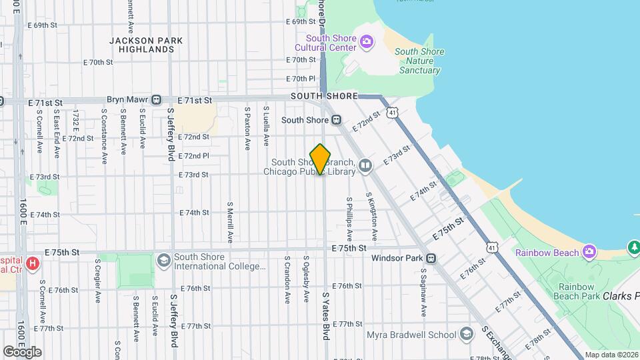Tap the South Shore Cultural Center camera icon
click(366, 43)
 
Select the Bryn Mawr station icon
click(156, 100)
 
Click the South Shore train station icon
click(337, 120)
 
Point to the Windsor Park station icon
click(431, 258)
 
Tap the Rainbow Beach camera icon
click(589, 252)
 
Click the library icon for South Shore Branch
click(365, 165)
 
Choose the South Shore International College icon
click(163, 258)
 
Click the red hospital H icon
click(31, 265)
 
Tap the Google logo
click(22, 351)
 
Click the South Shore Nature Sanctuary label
click(419, 61)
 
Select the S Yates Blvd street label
click(327, 315)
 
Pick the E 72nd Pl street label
click(194, 155)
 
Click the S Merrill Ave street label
click(229, 222)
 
